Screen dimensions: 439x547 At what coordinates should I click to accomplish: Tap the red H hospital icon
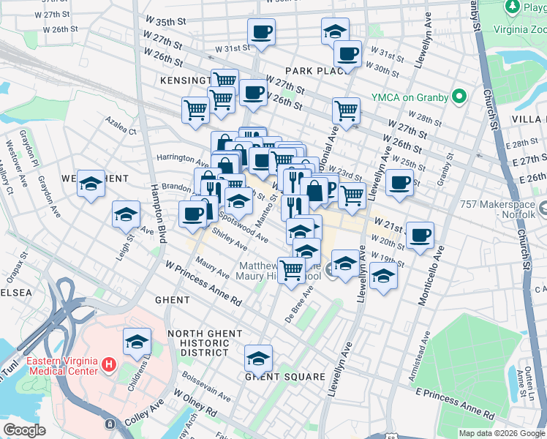point(109,364)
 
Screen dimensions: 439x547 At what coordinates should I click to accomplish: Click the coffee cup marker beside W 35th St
point(261,32)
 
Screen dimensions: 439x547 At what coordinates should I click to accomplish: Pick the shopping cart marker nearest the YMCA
point(346,111)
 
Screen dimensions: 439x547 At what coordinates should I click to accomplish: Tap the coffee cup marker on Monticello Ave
point(420,236)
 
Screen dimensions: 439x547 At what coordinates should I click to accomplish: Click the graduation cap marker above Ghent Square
point(258,359)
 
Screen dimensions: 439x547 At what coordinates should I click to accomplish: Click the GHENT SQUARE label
point(285,377)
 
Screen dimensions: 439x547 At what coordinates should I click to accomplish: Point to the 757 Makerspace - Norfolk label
point(510,207)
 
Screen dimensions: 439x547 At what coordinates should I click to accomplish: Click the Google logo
point(25,429)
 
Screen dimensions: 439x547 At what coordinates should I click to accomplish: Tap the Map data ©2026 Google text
point(501,433)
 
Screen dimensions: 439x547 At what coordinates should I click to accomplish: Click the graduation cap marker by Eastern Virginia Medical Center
point(136,342)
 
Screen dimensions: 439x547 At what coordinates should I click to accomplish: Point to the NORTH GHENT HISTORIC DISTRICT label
point(205,343)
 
